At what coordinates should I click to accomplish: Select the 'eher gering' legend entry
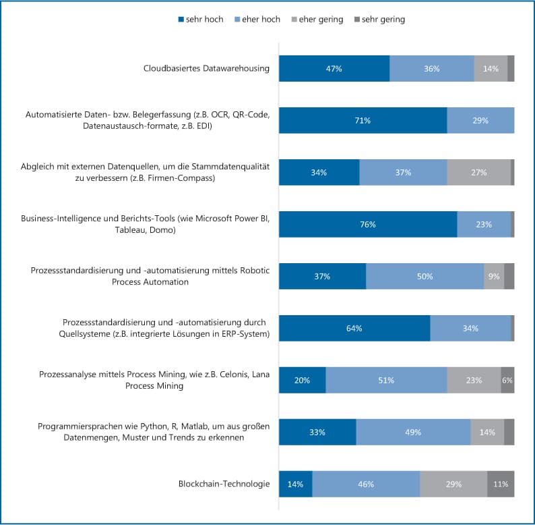pyautogui.click(x=316, y=20)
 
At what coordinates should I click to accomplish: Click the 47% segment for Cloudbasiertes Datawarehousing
pyautogui.click(x=334, y=69)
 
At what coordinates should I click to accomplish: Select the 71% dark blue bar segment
pyautogui.click(x=363, y=120)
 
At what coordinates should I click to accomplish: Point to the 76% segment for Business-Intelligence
pyautogui.click(x=368, y=224)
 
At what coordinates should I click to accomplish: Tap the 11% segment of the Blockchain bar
pyautogui.click(x=501, y=484)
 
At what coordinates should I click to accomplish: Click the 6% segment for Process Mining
pyautogui.click(x=507, y=380)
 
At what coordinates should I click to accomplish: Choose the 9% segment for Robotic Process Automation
pyautogui.click(x=494, y=276)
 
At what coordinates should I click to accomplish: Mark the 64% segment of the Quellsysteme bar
pyautogui.click(x=354, y=328)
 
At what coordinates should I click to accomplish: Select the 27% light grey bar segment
pyautogui.click(x=479, y=172)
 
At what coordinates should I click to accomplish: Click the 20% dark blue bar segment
pyautogui.click(x=302, y=380)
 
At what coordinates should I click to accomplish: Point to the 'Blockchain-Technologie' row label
pyautogui.click(x=224, y=484)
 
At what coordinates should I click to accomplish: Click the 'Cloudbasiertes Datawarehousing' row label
pyautogui.click(x=206, y=68)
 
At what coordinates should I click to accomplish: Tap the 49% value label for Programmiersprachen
pyautogui.click(x=413, y=432)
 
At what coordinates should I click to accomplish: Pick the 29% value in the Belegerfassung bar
pyautogui.click(x=480, y=120)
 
